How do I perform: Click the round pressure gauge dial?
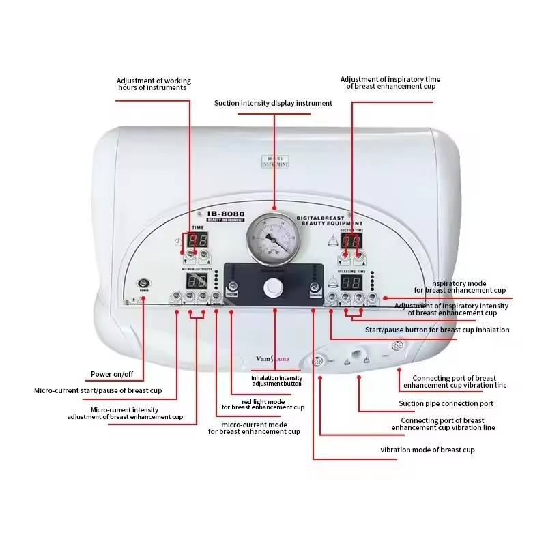[274, 241]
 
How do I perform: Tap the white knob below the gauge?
[273, 289]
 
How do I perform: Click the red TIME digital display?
[197, 240]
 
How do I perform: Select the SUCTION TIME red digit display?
[351, 242]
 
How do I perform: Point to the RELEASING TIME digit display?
[351, 283]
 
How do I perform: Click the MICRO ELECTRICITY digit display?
[197, 281]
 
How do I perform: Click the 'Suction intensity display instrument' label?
[273, 103]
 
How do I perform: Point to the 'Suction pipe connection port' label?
[446, 403]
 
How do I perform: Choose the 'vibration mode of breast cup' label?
[427, 450]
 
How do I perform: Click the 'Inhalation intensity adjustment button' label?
[276, 381]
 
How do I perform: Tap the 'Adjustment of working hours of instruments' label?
[154, 84]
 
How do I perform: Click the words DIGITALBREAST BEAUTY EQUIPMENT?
[330, 220]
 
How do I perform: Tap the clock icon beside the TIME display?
[177, 242]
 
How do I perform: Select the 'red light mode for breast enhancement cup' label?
[263, 404]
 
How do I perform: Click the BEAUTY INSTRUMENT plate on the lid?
[274, 161]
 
